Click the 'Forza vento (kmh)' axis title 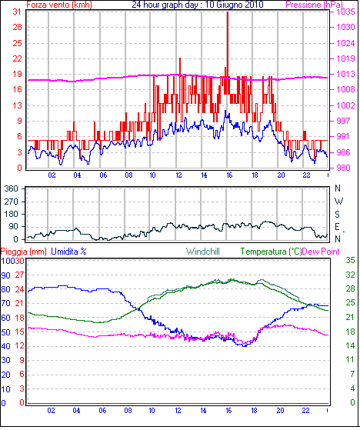tap(59, 5)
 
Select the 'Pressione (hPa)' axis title tap(314, 5)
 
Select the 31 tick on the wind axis tap(17, 12)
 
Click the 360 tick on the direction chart tap(12, 188)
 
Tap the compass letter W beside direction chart tap(339, 202)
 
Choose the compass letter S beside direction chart tap(338, 214)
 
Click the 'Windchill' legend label tap(203, 252)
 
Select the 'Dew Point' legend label tap(321, 252)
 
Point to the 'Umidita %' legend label tap(68, 252)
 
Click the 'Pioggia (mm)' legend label tap(24, 252)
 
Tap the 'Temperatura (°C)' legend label tap(271, 252)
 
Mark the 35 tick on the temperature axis tap(350, 260)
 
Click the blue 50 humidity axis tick tap(5, 332)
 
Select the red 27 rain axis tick tap(19, 275)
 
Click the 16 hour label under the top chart tap(229, 175)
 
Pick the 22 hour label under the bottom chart tap(305, 411)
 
